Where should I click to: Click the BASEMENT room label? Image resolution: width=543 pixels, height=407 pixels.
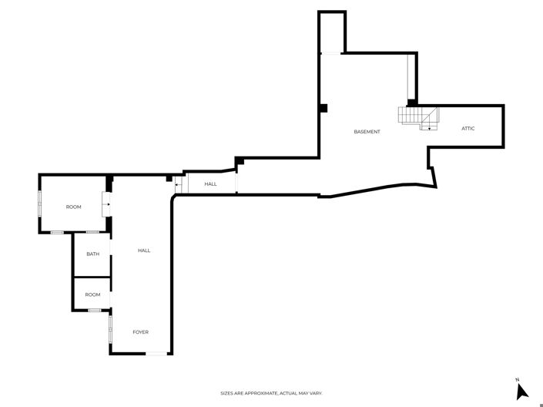[367, 132]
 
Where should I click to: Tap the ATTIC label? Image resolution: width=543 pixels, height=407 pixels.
[468, 128]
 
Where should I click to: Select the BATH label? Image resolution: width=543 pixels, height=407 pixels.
[92, 254]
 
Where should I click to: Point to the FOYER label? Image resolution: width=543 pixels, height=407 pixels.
[140, 332]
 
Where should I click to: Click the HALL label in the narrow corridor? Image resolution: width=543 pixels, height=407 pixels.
[210, 184]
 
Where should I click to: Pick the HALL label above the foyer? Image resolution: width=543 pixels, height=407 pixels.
[143, 251]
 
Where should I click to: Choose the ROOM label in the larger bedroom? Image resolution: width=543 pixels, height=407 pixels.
[73, 207]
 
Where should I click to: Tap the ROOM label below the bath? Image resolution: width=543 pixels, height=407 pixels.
[92, 294]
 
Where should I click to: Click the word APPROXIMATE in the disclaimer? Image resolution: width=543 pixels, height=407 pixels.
[259, 393]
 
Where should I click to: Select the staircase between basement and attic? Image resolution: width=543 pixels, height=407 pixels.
[417, 117]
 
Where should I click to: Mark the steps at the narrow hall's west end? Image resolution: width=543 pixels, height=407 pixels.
[180, 184]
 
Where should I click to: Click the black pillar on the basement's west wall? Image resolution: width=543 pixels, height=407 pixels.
[324, 108]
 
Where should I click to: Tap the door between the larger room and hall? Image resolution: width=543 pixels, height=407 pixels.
[108, 205]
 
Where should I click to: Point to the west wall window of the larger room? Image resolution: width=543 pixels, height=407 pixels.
[40, 206]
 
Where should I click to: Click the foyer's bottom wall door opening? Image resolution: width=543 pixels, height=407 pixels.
[158, 354]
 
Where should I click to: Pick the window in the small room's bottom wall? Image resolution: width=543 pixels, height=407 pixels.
[94, 310]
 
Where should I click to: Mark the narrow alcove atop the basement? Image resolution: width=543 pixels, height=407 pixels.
[332, 32]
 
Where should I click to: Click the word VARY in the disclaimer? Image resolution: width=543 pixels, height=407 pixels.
[314, 393]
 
